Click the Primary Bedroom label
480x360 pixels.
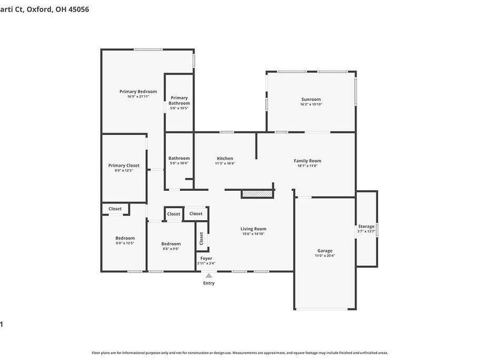(x=134, y=91)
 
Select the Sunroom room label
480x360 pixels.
(x=311, y=100)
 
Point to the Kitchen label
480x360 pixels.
(x=225, y=158)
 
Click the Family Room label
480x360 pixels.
(x=307, y=160)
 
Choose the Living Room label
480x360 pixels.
(x=253, y=229)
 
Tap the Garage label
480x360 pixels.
(x=325, y=251)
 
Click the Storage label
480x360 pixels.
(x=366, y=226)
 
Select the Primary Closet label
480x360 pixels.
(x=124, y=166)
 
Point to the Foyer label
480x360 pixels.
(x=206, y=258)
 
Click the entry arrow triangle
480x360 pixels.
(x=208, y=275)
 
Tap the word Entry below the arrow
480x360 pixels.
(x=208, y=283)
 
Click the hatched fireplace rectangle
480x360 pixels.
(x=257, y=194)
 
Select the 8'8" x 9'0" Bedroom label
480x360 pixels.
(x=171, y=244)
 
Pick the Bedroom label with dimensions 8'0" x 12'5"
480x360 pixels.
(x=125, y=238)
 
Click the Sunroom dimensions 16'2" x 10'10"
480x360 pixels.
(x=311, y=104)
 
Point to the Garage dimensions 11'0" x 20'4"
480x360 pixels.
(x=325, y=256)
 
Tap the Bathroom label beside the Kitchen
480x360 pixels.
(x=179, y=158)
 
